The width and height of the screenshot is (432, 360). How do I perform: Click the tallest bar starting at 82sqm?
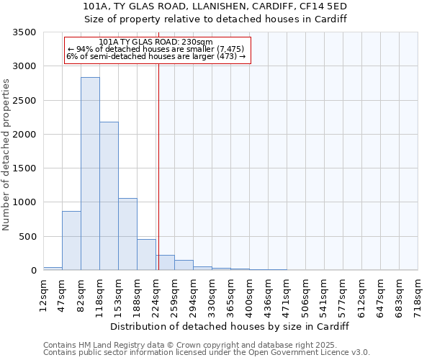coord(90,174)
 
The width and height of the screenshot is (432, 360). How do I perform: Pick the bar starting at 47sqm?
coord(71,240)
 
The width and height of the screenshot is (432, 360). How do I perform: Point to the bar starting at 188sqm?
coord(146,255)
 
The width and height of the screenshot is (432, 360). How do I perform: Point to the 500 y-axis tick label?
coord(28,236)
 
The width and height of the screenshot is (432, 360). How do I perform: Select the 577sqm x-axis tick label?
coord(344,294)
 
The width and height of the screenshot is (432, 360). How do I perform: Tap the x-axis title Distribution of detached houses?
coord(230,326)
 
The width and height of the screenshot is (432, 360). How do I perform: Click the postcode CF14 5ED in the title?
coord(328,6)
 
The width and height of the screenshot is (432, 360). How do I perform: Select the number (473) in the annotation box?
coord(225,56)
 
